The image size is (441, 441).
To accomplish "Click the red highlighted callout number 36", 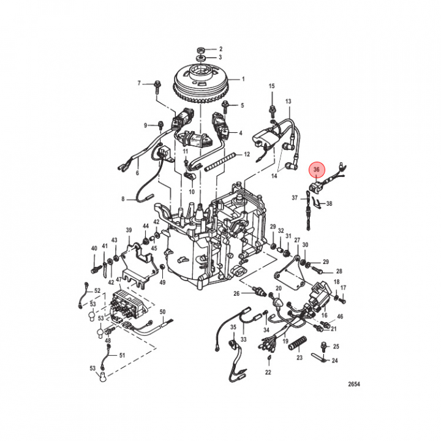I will click(317, 170).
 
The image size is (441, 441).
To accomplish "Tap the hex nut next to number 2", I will click(201, 48).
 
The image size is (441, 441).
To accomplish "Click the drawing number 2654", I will click(353, 384).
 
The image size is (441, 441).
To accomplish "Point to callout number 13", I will click(288, 101).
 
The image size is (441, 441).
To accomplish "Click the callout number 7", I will click(139, 83).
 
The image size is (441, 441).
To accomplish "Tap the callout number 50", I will click(163, 312).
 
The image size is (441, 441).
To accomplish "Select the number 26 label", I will click(237, 294).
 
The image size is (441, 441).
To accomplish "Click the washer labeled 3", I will click(201, 59).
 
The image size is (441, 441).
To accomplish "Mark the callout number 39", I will click(129, 230).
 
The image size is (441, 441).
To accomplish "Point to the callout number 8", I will click(123, 199).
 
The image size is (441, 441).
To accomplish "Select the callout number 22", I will click(268, 372).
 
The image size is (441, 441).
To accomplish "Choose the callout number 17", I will click(343, 288).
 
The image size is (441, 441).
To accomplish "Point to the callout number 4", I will click(241, 132).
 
